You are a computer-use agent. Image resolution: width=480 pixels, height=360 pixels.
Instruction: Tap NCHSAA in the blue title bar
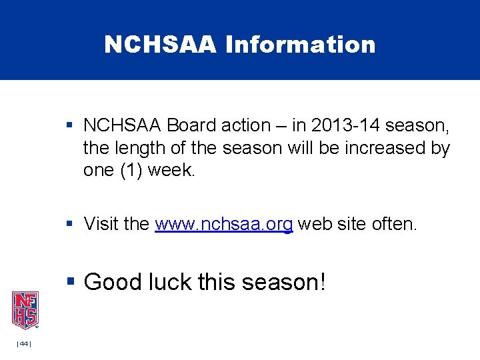pos(161,45)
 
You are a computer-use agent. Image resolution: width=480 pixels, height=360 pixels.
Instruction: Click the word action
pos(246,125)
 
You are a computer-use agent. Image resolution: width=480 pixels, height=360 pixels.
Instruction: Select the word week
pos(171,171)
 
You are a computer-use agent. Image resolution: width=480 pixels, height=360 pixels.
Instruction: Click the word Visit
pos(102,225)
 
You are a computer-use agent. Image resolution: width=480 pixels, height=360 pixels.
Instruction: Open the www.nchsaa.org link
pos(223,225)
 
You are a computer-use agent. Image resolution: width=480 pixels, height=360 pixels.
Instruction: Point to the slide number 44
pos(24,343)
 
